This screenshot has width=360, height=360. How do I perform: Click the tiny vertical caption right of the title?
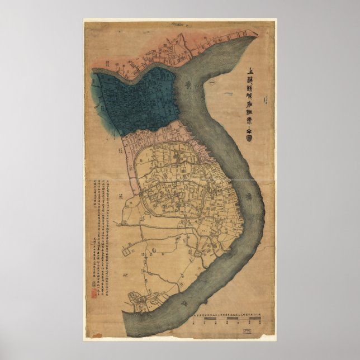[269, 103]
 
